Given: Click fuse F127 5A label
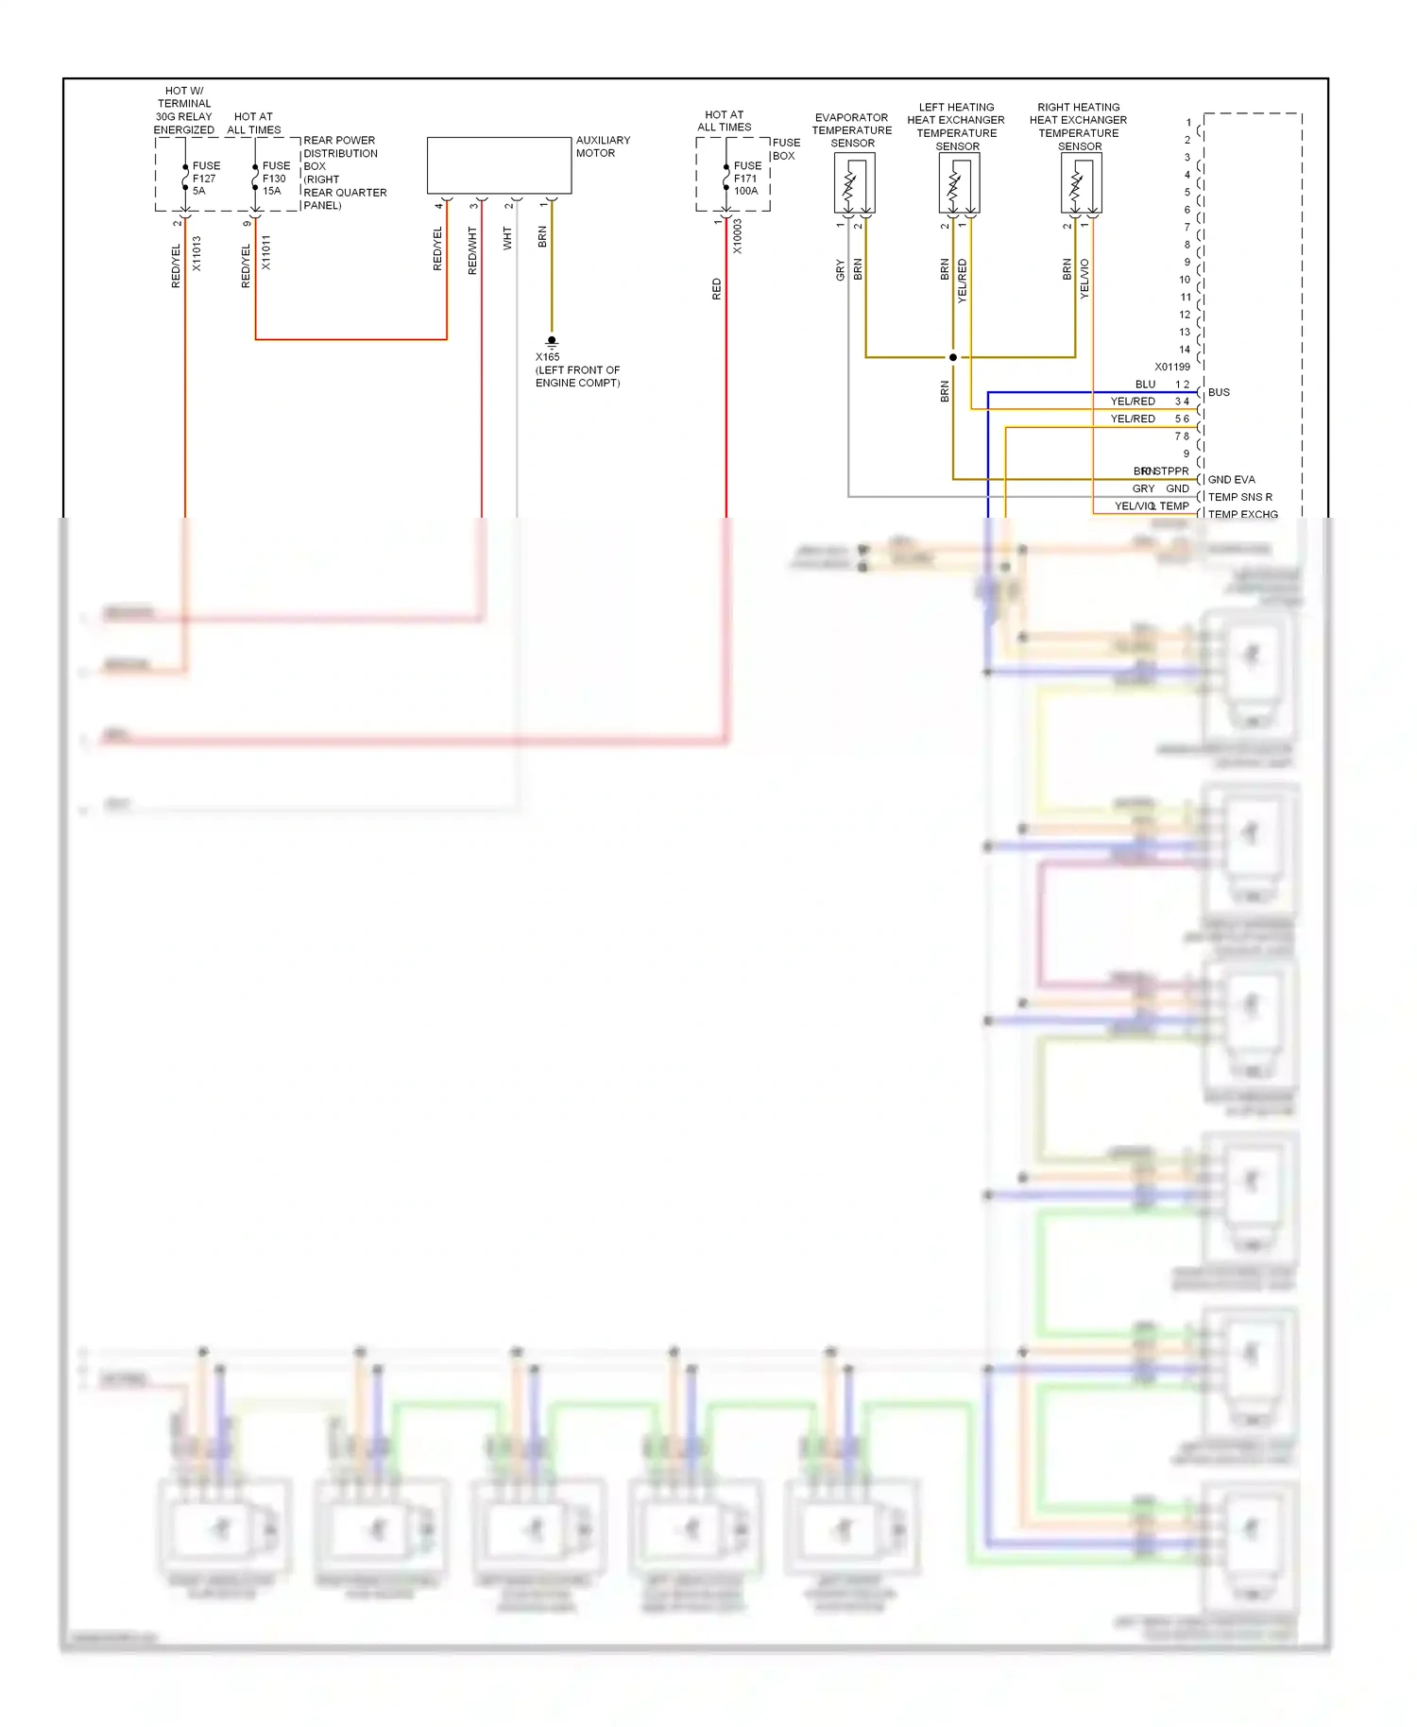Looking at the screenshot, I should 205,179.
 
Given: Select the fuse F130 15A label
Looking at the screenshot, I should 275,179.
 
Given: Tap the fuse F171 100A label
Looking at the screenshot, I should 746,179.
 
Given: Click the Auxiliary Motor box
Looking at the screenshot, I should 499,166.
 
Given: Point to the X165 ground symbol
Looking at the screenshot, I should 552,342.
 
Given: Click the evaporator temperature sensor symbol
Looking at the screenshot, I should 854,182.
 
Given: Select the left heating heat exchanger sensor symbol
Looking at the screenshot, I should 959,182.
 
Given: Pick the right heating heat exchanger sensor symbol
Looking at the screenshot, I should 1081,182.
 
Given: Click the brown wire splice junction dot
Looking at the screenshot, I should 952,357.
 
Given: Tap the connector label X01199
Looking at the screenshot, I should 1171,367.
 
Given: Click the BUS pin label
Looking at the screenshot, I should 1219,392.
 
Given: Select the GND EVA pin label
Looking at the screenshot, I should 1231,480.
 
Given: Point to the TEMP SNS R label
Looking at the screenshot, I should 1239,497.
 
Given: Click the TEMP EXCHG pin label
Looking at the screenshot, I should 1242,514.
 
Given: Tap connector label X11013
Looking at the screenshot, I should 196,253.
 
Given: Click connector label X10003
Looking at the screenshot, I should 737,236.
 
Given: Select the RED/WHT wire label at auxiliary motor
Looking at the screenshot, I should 472,250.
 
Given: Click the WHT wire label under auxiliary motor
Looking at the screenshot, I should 507,238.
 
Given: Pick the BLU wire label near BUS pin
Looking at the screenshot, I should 1145,385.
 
